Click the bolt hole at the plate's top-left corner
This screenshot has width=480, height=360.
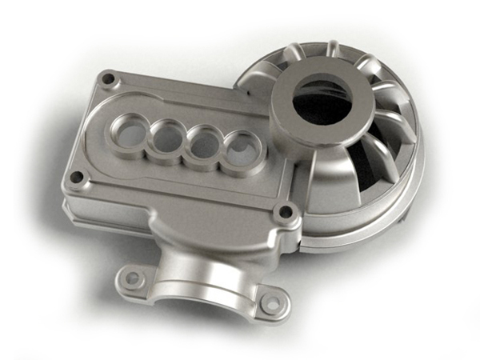click(x=108, y=79)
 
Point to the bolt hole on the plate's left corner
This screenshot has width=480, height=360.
click(x=75, y=177)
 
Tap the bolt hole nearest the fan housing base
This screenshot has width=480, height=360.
click(x=283, y=213)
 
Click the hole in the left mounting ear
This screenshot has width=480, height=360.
click(x=133, y=278)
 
